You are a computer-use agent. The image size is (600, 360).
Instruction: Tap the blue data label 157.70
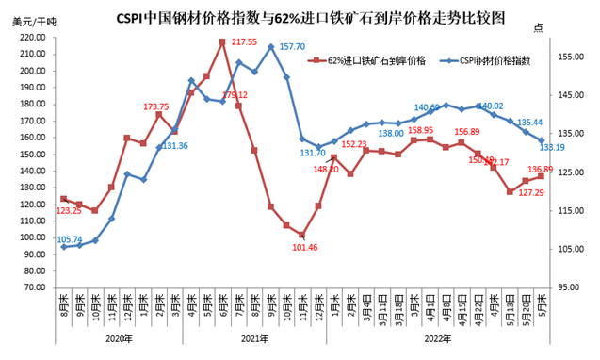pyautogui.click(x=293, y=46)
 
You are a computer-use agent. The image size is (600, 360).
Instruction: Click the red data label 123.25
pyautogui.click(x=74, y=210)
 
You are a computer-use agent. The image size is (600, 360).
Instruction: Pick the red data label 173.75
pyautogui.click(x=156, y=106)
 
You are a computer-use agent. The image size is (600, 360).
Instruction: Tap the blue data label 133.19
pyautogui.click(x=552, y=147)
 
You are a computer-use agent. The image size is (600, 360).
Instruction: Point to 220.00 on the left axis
pyautogui.click(x=34, y=38)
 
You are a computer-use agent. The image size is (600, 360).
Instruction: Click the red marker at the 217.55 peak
pyautogui.click(x=222, y=41)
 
